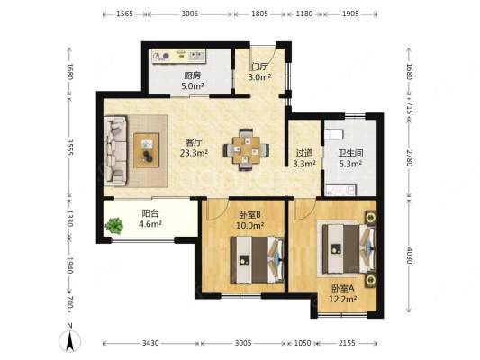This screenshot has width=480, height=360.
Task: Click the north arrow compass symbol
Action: pos(70,338)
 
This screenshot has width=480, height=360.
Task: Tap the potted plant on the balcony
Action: pos(114,226)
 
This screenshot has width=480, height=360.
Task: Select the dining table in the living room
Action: pos(246,149)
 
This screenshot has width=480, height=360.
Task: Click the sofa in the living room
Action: pos(115,151)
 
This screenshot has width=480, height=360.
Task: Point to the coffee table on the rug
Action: pos(147,150)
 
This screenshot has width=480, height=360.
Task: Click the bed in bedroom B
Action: pos(257,260)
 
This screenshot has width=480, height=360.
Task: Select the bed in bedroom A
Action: pos(349,248)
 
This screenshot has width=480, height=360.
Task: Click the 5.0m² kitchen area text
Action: pos(193,85)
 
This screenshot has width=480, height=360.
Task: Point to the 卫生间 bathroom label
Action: pos(350,153)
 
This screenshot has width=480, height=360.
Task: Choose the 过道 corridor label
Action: pos(304,153)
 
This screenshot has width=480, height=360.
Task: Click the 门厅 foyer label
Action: pos(259,67)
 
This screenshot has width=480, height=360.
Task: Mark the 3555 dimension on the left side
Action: pos(70,147)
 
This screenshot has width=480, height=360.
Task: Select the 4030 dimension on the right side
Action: pos(409,255)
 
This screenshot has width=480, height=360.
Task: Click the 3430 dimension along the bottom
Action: pos(150,343)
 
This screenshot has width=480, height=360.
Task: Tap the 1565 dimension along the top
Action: pos(124,13)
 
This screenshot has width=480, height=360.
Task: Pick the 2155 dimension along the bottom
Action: pos(347,343)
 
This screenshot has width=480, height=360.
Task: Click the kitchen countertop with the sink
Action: pos(179,56)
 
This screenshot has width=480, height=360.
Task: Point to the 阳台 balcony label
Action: pos(150,213)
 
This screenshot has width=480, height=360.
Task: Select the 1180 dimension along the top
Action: pos(304,13)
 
